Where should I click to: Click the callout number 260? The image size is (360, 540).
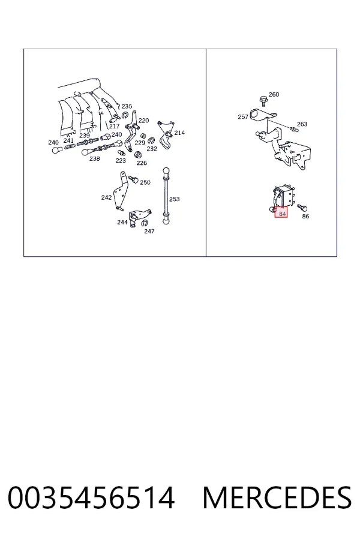tap(274, 94)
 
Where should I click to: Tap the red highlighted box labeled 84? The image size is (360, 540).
tap(281, 212)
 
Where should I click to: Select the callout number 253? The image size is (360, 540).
tap(175, 199)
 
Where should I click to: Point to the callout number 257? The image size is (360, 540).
tap(243, 117)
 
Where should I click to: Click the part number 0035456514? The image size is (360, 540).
tap(91, 497)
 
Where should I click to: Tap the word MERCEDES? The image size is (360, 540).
tap(277, 497)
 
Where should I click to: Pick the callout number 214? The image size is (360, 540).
tap(179, 133)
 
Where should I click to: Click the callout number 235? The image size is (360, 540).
tap(127, 106)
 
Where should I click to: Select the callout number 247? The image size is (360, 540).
tap(149, 231)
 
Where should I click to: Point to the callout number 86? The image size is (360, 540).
tap(305, 216)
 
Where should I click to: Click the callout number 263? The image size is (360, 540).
tap(302, 124)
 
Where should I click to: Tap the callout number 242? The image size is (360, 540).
tap(106, 197)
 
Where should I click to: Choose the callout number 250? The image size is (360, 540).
tap(145, 182)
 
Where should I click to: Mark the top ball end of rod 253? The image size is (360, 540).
tap(166, 171)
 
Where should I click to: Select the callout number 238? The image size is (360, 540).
tap(94, 158)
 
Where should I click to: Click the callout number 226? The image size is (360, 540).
tap(142, 163)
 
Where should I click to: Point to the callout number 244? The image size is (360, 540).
tap(122, 222)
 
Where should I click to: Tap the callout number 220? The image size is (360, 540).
tap(143, 120)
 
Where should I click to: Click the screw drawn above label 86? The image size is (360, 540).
tap(302, 208)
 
